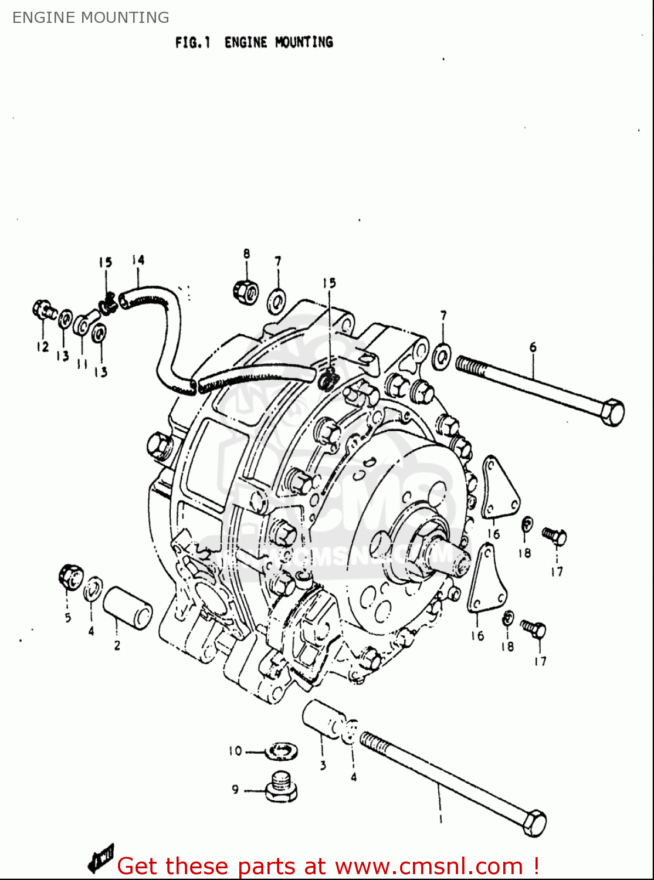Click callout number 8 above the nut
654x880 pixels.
pyautogui.click(x=246, y=253)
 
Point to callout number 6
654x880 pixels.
pyautogui.click(x=533, y=347)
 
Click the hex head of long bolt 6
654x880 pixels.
pyautogui.click(x=611, y=412)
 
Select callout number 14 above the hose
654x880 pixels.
pyautogui.click(x=138, y=260)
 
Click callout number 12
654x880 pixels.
pyautogui.click(x=42, y=347)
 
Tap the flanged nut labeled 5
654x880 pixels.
pyautogui.click(x=69, y=576)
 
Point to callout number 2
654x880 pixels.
pyautogui.click(x=117, y=645)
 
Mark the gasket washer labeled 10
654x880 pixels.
pyautogui.click(x=282, y=750)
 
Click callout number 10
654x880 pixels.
pyautogui.click(x=235, y=751)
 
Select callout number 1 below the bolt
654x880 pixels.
pyautogui.click(x=440, y=819)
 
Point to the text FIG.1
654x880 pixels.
pyautogui.click(x=192, y=42)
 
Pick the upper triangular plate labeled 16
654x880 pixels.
pyautogui.click(x=499, y=490)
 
